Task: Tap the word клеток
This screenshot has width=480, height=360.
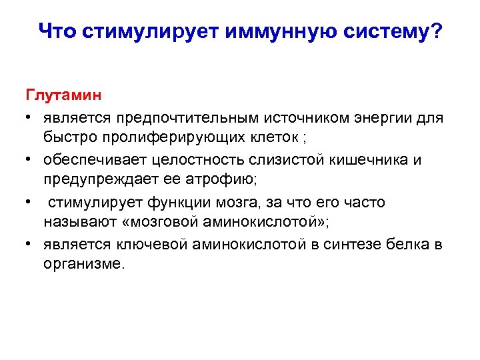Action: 268,139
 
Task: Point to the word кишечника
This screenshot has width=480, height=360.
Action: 379,160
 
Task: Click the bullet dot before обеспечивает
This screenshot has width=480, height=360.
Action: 30,160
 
